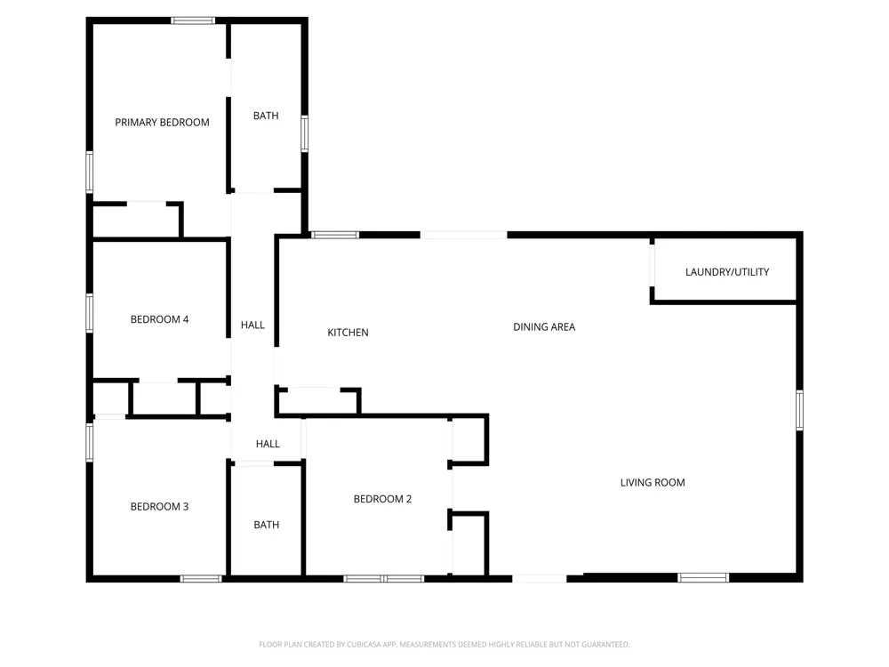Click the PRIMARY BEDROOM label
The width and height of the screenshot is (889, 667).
pyautogui.click(x=162, y=123)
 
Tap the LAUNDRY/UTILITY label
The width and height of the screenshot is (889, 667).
pyautogui.click(x=727, y=272)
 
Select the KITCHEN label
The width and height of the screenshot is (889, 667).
pyautogui.click(x=348, y=333)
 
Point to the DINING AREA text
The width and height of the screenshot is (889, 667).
pyautogui.click(x=544, y=327)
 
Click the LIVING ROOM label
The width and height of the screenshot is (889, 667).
pyautogui.click(x=653, y=483)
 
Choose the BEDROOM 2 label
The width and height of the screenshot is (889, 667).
pyautogui.click(x=382, y=499)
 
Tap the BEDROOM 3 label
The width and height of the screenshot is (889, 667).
pyautogui.click(x=159, y=507)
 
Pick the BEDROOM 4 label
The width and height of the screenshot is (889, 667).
pyautogui.click(x=159, y=319)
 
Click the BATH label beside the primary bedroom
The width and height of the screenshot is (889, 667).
pyautogui.click(x=266, y=116)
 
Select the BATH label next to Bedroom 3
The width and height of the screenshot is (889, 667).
pyautogui.click(x=267, y=526)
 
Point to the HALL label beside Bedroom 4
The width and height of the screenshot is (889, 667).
pyautogui.click(x=252, y=325)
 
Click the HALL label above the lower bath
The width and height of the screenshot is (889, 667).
pyautogui.click(x=268, y=444)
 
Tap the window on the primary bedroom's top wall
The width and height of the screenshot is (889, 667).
pyautogui.click(x=193, y=21)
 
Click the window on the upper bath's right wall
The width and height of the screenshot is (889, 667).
pyautogui.click(x=304, y=134)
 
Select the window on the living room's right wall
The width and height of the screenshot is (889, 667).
pyautogui.click(x=799, y=410)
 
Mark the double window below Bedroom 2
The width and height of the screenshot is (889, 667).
pyautogui.click(x=384, y=579)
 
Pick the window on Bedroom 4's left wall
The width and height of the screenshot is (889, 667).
pyautogui.click(x=90, y=312)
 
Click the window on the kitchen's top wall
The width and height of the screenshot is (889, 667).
pyautogui.click(x=335, y=235)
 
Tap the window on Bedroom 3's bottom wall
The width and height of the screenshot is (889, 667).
pyautogui.click(x=201, y=579)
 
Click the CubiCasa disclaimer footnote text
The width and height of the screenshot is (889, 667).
pyautogui.click(x=444, y=644)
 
